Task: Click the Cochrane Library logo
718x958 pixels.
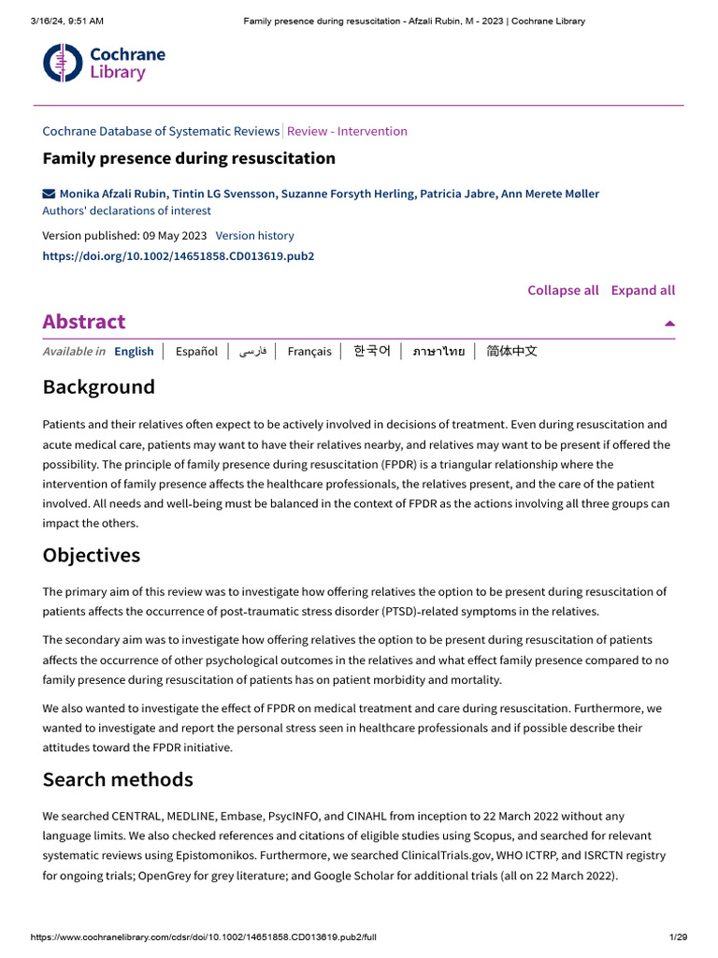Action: pos(104,63)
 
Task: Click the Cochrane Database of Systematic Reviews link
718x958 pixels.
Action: pos(161,131)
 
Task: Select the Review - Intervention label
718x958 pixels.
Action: pos(347,131)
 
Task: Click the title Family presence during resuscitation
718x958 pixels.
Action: pos(189,158)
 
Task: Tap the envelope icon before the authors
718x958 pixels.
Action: pos(49,194)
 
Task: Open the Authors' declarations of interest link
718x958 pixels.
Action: pos(126,210)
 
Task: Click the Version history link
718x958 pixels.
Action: pos(254,236)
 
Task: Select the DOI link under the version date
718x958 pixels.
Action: pos(178,255)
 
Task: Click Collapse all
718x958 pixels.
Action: pos(563,290)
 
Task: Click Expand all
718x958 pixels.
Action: pos(642,290)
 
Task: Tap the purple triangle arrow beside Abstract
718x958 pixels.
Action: pos(669,323)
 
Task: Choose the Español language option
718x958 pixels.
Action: pos(196,352)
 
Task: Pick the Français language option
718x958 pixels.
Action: pos(309,352)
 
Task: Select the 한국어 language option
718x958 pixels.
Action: pos(371,352)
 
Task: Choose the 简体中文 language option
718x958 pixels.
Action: pos(511,352)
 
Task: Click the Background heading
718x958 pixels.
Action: pos(98,387)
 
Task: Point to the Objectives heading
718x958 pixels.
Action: pos(91,555)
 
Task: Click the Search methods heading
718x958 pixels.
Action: pos(118,779)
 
